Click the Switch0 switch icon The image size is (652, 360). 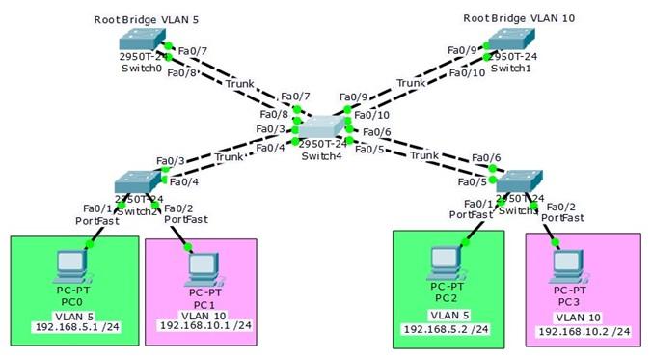[142, 40]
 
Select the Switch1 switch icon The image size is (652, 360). [508, 40]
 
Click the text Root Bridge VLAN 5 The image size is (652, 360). [142, 19]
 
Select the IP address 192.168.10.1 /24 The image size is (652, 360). [204, 325]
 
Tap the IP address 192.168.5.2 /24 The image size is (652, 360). [445, 329]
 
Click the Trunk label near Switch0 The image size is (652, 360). [239, 83]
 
